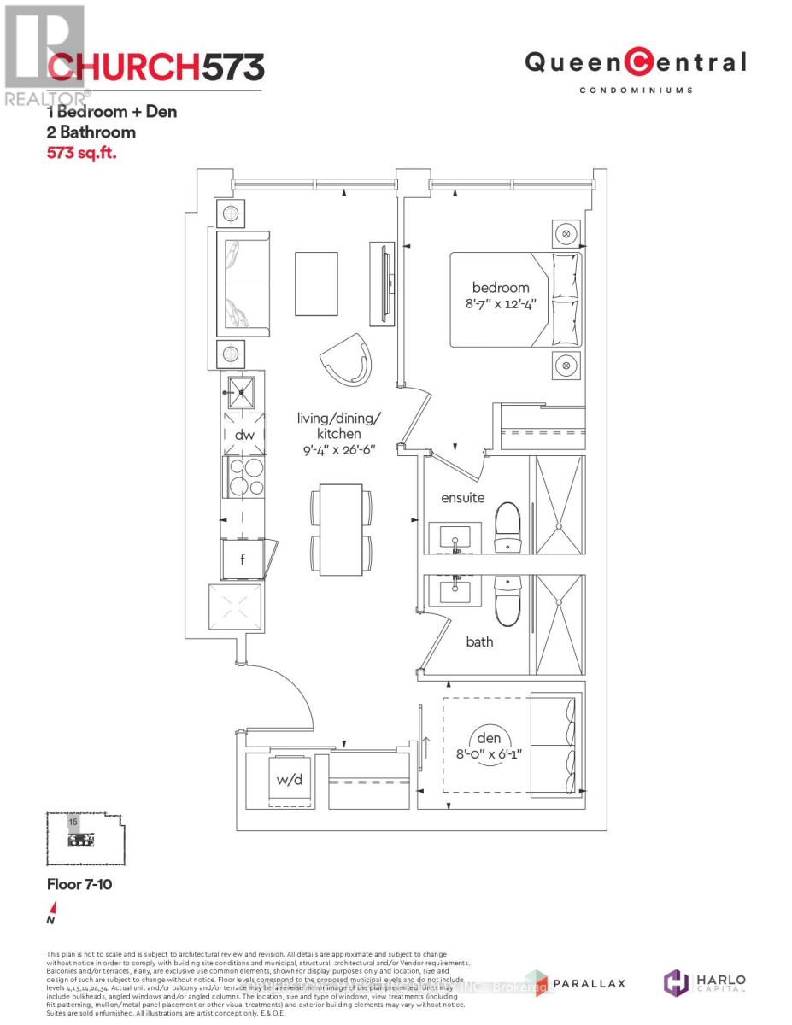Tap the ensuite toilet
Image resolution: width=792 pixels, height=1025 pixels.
coord(507,526)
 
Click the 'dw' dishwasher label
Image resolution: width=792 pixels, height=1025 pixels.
coord(243,435)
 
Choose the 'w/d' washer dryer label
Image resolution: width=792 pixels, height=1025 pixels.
coord(285,779)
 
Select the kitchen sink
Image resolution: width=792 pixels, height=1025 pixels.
coord(243,393)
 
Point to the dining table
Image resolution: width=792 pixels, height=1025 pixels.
coord(340,530)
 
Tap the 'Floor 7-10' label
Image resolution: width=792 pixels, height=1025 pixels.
coord(79,885)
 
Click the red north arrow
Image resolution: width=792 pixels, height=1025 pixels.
coord(53,909)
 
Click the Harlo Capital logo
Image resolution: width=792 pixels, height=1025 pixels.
coord(705,983)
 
